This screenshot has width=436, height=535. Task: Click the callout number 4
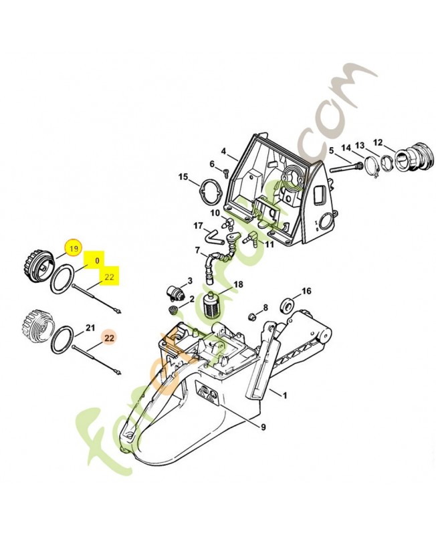coord(225,151)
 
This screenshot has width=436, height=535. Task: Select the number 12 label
coord(378,142)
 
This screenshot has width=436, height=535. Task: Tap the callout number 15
coord(183,177)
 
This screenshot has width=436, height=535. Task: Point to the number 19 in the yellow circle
coord(73,249)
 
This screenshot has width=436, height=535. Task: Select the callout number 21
coord(90,328)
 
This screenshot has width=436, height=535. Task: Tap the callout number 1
coord(284,395)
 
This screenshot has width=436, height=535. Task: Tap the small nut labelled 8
coord(253,314)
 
